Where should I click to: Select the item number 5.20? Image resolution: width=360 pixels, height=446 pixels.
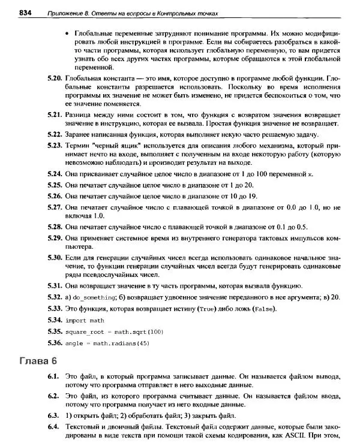[x=54, y=79]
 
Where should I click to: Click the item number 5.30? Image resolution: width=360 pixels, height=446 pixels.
[x=54, y=257]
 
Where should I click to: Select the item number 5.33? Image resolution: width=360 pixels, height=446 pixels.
[x=54, y=308]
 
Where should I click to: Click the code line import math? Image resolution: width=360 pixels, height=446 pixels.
[x=85, y=320]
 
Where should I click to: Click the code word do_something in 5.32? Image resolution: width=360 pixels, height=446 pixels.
[x=94, y=297]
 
